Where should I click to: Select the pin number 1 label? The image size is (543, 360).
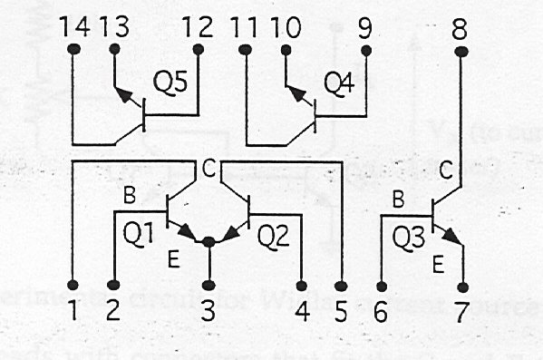73,311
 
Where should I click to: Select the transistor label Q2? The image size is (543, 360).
273,237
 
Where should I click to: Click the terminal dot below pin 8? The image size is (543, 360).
460,51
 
